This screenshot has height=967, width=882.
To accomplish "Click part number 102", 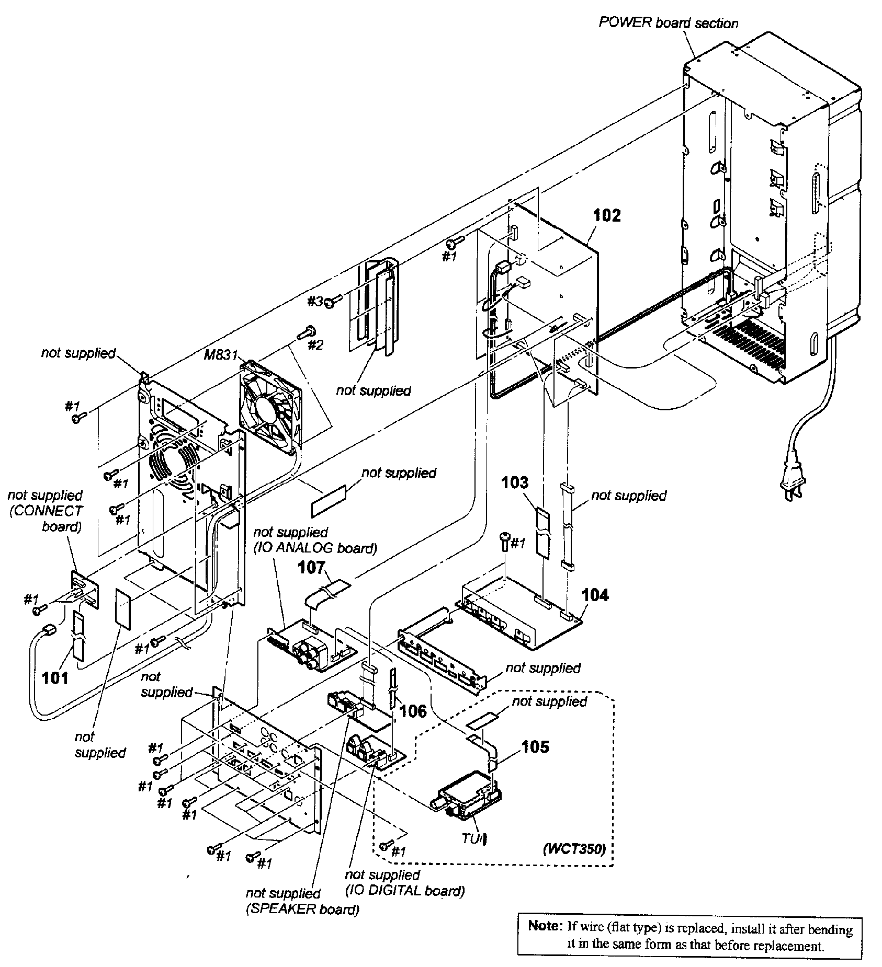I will [x=607, y=215].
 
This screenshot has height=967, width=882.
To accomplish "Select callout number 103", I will [x=515, y=482].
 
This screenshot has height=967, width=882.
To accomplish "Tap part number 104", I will [x=595, y=595].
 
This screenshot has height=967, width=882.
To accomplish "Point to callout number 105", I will [x=535, y=747].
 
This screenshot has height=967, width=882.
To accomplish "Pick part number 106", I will [x=413, y=710].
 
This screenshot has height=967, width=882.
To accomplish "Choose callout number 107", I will [x=312, y=568].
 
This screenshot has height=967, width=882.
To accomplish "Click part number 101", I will [x=55, y=678].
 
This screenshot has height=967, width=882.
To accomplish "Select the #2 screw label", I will [x=315, y=346].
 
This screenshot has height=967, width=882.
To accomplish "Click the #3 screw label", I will [x=315, y=301].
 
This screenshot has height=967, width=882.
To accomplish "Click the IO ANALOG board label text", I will [x=315, y=548].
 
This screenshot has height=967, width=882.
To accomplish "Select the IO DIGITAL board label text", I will [x=405, y=891].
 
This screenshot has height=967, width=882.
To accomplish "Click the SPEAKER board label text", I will [x=302, y=909].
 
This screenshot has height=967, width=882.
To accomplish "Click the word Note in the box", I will [x=544, y=926].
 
